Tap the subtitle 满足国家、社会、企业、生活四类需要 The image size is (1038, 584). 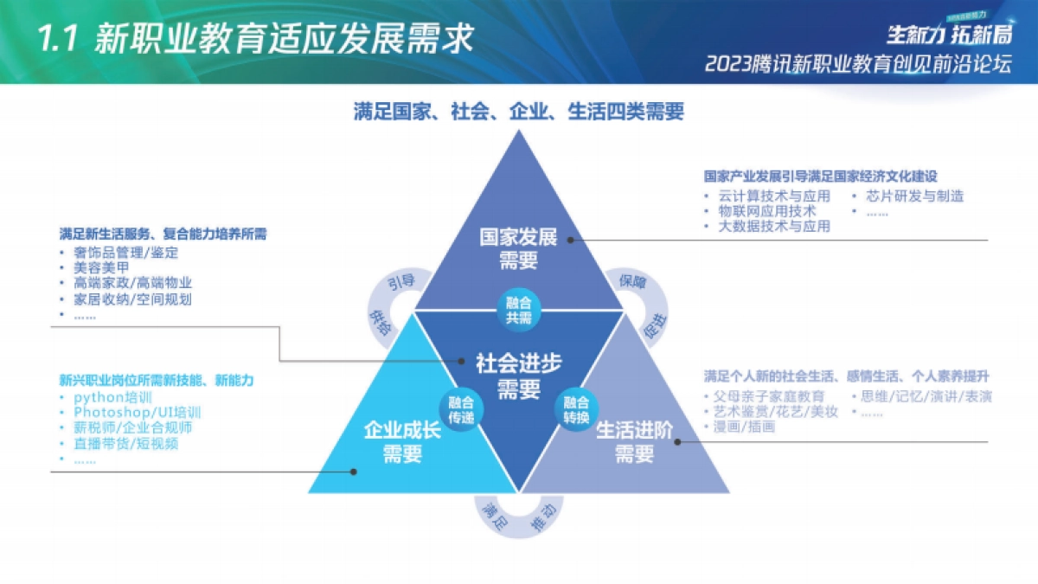coord(518,112)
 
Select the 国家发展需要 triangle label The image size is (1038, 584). coord(518,248)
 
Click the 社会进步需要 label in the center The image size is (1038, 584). coord(518,375)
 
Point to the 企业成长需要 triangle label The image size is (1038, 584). coord(402,441)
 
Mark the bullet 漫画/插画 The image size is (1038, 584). coord(744,427)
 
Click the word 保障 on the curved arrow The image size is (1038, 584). coord(632,281)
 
